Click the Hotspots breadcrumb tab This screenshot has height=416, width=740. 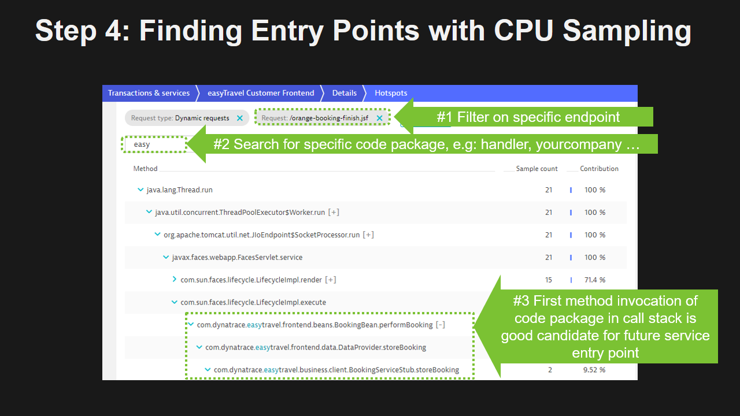pos(391,93)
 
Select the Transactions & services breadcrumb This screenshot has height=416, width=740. pos(149,93)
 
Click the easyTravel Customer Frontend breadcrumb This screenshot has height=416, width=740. pos(261,93)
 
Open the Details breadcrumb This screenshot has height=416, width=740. pos(345,93)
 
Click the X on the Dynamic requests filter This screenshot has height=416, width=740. pos(240,118)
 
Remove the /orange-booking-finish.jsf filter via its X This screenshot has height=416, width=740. pos(380,118)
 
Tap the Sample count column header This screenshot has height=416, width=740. pos(537,169)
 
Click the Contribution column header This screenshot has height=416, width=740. pos(599,169)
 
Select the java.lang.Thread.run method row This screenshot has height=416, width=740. pos(179,190)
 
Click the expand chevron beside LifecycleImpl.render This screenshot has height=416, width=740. pos(175,280)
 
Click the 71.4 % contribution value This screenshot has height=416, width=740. pos(594,280)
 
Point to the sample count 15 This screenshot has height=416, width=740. pos(549,280)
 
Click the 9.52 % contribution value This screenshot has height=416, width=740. pos(594,370)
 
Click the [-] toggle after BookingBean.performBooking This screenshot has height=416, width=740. pos(441,325)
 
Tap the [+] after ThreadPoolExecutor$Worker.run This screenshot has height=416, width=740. pos(334,213)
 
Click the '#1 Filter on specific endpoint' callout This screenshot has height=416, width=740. pos(528,117)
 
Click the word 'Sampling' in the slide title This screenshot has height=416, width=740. pos(627,31)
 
